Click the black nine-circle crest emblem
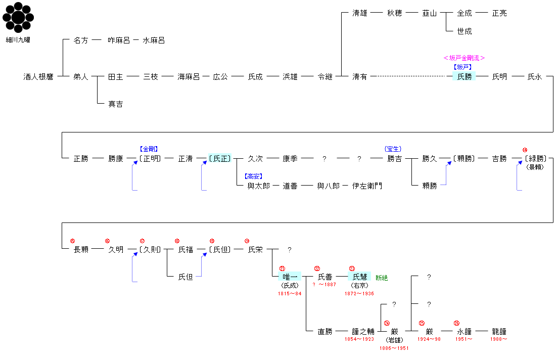tap(18, 18)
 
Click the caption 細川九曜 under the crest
tap(18, 39)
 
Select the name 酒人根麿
tap(38, 77)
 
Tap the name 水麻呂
tap(154, 40)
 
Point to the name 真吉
tap(116, 104)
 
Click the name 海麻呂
tap(189, 77)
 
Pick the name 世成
tap(464, 31)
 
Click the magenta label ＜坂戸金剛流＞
tap(464, 58)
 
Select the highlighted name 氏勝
tap(464, 77)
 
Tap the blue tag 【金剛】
tap(149, 149)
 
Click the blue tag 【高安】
tap(253, 176)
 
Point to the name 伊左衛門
tap(367, 186)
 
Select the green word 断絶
tap(382, 278)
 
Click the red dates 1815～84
tap(290, 294)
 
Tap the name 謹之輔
tap(363, 332)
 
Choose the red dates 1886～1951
tap(394, 348)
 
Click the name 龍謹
tap(499, 332)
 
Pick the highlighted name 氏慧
tap(359, 277)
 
